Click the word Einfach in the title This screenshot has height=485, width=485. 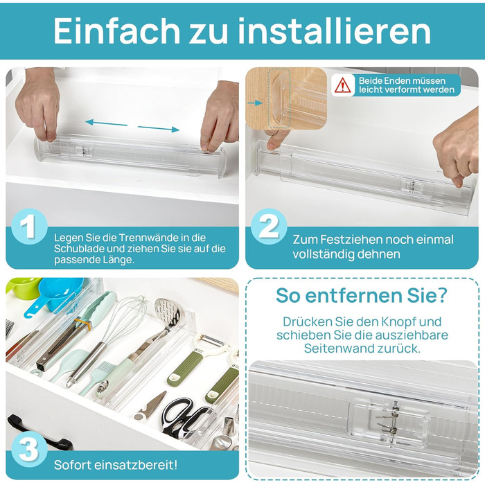click(x=116, y=30)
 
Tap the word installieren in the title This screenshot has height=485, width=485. click(x=335, y=30)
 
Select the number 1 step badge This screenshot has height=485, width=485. click(x=29, y=227)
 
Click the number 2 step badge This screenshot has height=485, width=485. click(x=269, y=227)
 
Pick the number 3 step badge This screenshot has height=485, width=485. click(x=29, y=449)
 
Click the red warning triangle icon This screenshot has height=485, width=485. click(x=342, y=85)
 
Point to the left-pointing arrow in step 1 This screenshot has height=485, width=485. click(x=106, y=123)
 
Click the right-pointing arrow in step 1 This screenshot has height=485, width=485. click(x=159, y=128)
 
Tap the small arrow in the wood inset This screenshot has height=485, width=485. click(x=255, y=103)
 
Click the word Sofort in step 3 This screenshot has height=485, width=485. click(x=72, y=465)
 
